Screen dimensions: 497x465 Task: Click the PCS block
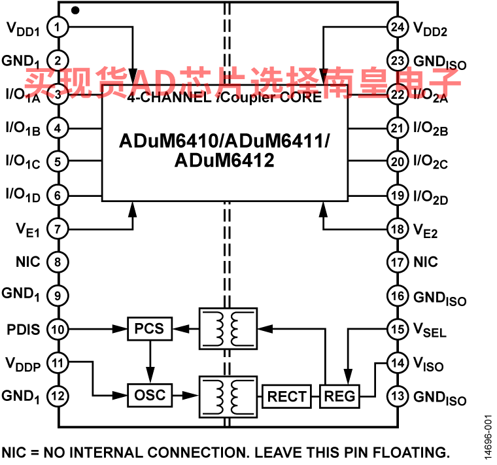pyautogui.click(x=150, y=329)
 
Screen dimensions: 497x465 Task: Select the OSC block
pyautogui.click(x=150, y=395)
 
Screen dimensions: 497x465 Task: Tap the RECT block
pyautogui.click(x=286, y=396)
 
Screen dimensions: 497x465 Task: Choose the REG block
pyautogui.click(x=339, y=396)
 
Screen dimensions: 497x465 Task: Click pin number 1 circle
pyautogui.click(x=58, y=27)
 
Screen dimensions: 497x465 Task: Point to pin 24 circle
pyautogui.click(x=398, y=27)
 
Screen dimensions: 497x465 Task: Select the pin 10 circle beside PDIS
pyautogui.click(x=58, y=330)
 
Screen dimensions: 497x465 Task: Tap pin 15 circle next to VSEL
pyautogui.click(x=398, y=330)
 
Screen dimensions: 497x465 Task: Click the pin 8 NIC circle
pyautogui.click(x=58, y=262)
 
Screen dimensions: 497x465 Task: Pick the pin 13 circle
pyautogui.click(x=398, y=396)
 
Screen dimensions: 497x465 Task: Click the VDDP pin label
pyautogui.click(x=23, y=364)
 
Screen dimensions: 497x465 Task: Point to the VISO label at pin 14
pyautogui.click(x=428, y=364)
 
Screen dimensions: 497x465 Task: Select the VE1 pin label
pyautogui.click(x=28, y=230)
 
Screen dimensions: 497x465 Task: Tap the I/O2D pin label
pyautogui.click(x=430, y=197)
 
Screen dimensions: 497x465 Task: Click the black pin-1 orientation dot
pyautogui.click(x=75, y=10)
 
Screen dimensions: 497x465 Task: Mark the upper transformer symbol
pyautogui.click(x=228, y=329)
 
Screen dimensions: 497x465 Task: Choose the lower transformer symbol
pyautogui.click(x=228, y=397)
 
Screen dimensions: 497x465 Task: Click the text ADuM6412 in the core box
pyautogui.click(x=224, y=160)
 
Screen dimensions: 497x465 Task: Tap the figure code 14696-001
pyautogui.click(x=488, y=437)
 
